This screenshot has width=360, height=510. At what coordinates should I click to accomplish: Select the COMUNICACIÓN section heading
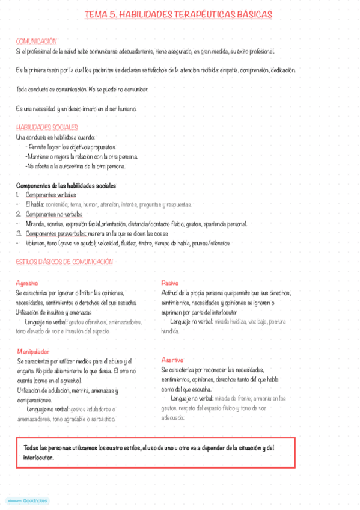(x=36, y=41)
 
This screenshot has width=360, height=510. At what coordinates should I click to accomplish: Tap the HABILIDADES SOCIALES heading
(x=47, y=127)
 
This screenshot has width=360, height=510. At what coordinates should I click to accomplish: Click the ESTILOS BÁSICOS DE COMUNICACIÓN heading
(x=64, y=262)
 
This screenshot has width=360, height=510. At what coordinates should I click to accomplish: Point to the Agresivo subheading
(x=27, y=282)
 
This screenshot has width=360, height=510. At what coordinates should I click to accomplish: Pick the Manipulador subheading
(x=33, y=351)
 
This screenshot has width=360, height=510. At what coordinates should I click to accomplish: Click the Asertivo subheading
(x=174, y=359)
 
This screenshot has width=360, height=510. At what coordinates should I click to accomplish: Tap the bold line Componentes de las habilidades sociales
(x=66, y=185)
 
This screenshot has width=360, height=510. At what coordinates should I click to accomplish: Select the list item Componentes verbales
(x=50, y=195)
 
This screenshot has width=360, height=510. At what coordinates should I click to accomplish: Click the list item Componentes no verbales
(x=54, y=214)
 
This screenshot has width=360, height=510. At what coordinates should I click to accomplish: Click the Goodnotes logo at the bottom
(x=28, y=500)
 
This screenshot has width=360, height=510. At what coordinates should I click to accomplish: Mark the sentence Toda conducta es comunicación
(x=82, y=89)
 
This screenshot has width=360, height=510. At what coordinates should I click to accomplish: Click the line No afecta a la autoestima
(x=75, y=166)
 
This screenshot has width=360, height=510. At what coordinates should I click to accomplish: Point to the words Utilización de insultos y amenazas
(x=53, y=312)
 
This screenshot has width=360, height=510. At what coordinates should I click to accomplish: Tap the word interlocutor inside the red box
(x=38, y=457)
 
